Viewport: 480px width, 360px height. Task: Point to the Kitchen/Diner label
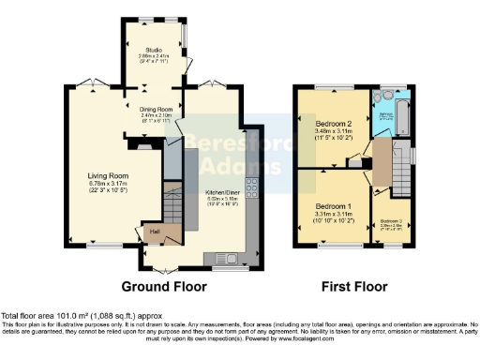point(223,192)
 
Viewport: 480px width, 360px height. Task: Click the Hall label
point(154,231)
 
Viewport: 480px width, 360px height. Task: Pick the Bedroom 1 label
point(333,206)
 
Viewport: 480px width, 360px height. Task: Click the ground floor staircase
point(171,202)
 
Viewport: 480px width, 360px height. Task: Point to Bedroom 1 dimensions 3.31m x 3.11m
point(333,215)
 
